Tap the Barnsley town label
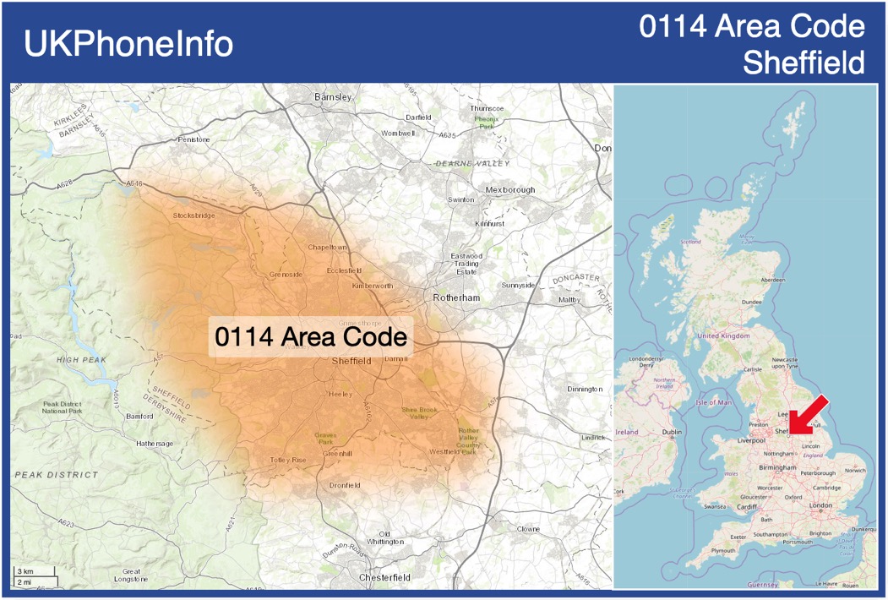coord(332,97)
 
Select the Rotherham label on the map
coord(455,298)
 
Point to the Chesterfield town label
coord(384,577)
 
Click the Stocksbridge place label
coord(193,215)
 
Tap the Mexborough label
coord(509,190)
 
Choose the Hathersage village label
coord(155,443)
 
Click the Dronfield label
coord(345,485)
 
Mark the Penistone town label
coord(193,139)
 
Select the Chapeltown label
coord(327,247)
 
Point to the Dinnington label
coord(585,389)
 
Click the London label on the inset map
coord(820,505)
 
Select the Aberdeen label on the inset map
coord(772,280)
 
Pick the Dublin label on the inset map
coord(672,433)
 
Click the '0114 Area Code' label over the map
coord(311,337)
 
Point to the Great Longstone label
coord(131,575)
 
